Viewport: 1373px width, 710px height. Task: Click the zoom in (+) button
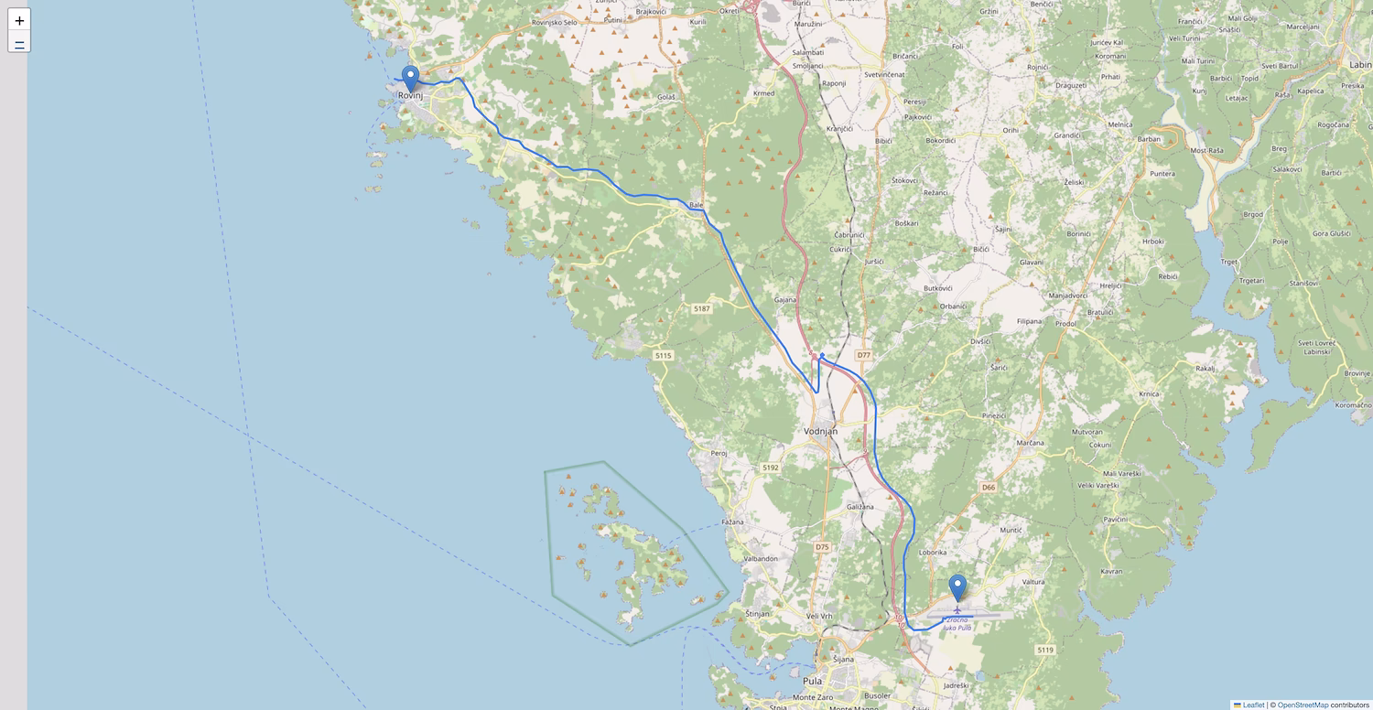click(x=19, y=20)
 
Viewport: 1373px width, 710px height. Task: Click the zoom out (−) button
click(x=19, y=42)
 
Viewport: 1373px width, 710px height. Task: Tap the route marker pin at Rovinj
click(x=410, y=79)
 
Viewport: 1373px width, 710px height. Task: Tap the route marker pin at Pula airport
click(x=957, y=587)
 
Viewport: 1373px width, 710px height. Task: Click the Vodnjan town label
click(x=820, y=431)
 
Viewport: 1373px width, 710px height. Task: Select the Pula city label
click(x=812, y=681)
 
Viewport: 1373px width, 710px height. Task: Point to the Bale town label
click(x=697, y=205)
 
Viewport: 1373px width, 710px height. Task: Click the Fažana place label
click(x=732, y=522)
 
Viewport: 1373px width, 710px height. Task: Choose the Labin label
click(x=1360, y=65)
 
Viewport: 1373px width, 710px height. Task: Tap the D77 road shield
click(x=863, y=355)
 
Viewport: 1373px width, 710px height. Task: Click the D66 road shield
click(x=988, y=488)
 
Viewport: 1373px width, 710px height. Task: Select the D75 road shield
click(x=822, y=547)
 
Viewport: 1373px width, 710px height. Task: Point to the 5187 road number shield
click(x=702, y=308)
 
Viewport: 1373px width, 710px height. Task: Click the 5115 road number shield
click(x=664, y=355)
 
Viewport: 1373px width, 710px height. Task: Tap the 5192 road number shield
click(x=770, y=468)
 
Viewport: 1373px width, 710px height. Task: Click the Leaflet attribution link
click(x=1253, y=705)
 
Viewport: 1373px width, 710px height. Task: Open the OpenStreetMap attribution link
click(x=1303, y=705)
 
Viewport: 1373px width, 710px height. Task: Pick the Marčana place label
click(x=1030, y=443)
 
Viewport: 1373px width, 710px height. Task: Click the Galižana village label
click(x=859, y=506)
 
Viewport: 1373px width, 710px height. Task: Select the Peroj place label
click(x=719, y=453)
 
